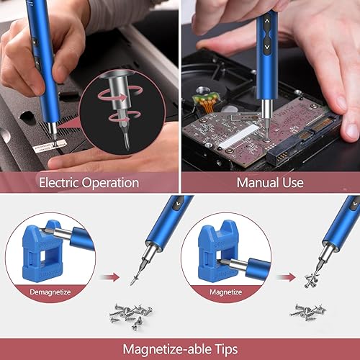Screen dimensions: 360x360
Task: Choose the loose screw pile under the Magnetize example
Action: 310,311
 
